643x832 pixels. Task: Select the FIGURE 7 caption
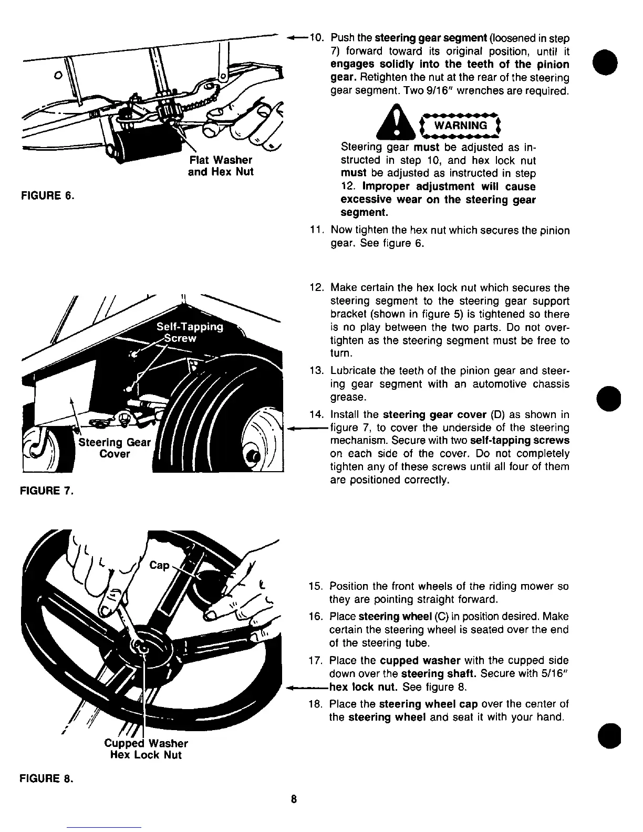46,491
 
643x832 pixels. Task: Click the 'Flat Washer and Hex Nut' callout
220,165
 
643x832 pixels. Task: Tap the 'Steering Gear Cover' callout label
115,448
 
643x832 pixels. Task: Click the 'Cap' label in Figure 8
160,565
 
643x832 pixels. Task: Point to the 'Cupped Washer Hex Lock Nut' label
146,749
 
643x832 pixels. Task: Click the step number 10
317,38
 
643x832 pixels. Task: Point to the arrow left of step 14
305,428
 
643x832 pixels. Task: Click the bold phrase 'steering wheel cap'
428,704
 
